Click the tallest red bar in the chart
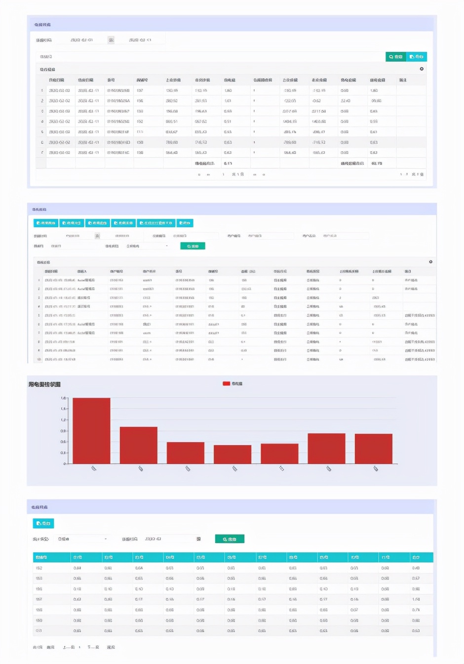[x=91, y=430]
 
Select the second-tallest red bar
[x=139, y=445]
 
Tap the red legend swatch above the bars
[x=226, y=383]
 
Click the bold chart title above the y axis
[x=44, y=384]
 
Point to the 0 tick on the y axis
[x=64, y=464]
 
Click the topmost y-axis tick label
[x=64, y=398]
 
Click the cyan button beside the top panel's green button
[x=417, y=57]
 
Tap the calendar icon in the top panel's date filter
[x=111, y=40]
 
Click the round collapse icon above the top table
[x=422, y=69]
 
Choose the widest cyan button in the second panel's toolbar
[x=155, y=223]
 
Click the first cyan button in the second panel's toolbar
[x=46, y=223]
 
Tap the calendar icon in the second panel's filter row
[x=97, y=236]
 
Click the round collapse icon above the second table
[x=430, y=262]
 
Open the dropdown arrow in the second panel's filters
[x=167, y=246]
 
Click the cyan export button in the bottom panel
[x=43, y=523]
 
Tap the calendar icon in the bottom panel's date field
[x=198, y=539]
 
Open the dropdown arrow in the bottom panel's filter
[x=106, y=539]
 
